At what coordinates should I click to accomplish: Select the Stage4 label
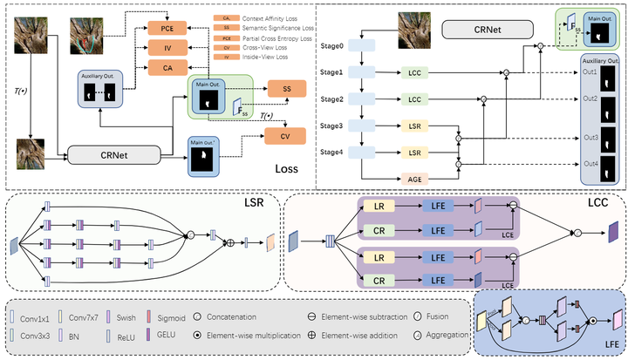333,153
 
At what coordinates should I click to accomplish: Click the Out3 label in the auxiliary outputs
591,136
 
